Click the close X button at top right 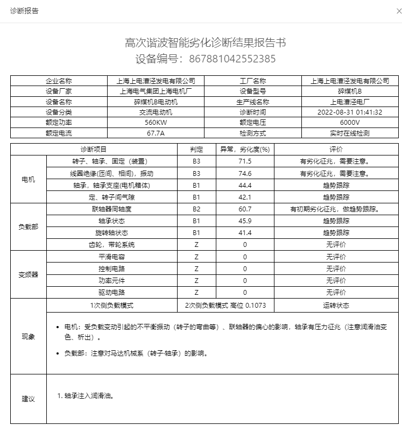[x=392, y=11]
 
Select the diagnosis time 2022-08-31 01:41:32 [x=350, y=112]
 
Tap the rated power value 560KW [x=155, y=123]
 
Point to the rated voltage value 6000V [x=350, y=123]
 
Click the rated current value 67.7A [x=155, y=133]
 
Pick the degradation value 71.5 [x=245, y=161]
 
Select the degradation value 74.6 [x=245, y=173]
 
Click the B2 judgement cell [x=196, y=209]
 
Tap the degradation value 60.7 [x=245, y=209]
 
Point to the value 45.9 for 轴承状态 [x=245, y=221]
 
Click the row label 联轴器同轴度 [x=111, y=209]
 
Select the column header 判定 [x=196, y=149]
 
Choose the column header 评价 [x=336, y=149]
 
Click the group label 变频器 [x=29, y=274]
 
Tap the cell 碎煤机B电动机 [x=155, y=102]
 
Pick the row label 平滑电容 [x=111, y=257]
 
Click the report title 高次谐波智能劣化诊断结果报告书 [x=205, y=42]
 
